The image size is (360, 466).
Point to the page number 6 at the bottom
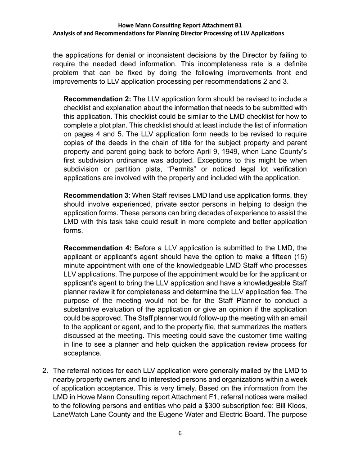(x=180, y=433)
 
